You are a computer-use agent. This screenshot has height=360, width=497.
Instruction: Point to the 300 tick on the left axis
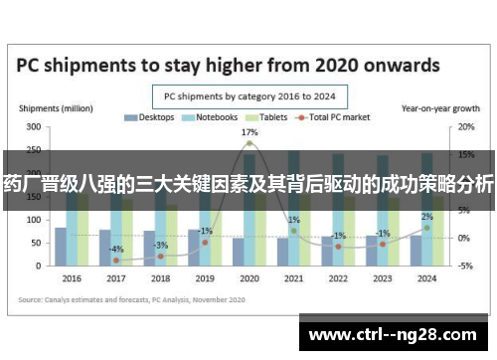[x=33, y=127]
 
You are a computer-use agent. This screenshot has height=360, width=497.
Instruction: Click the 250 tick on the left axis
[x=33, y=150]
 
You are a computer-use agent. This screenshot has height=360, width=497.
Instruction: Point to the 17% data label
[x=249, y=131]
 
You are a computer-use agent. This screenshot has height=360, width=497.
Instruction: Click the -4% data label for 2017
[x=116, y=249]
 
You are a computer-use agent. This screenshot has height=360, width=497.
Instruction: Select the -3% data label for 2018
[x=161, y=245]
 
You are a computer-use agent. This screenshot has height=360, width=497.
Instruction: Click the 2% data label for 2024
[x=426, y=216]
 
